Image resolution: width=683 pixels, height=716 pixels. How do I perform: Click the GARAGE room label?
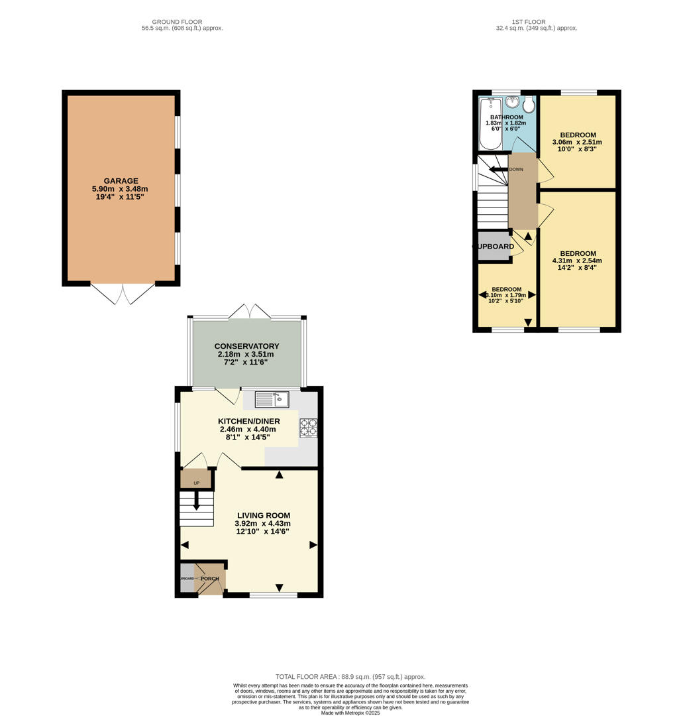point(121,181)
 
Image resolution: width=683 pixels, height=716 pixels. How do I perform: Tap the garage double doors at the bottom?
point(123,294)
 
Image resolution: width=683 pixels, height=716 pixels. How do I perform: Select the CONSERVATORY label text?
point(246,346)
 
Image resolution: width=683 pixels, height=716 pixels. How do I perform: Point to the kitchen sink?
point(272,399)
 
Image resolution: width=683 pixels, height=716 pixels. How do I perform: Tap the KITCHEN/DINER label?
point(248,421)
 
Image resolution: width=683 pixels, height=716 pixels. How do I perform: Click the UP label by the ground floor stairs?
point(196,483)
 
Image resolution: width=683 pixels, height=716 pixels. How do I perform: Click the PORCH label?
point(210,579)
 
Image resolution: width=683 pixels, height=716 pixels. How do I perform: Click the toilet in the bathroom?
point(529,105)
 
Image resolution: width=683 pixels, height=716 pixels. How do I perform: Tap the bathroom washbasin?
point(512,101)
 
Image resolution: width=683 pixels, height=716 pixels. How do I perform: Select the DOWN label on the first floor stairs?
point(516,170)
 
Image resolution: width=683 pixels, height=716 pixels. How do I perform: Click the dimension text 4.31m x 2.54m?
point(578,261)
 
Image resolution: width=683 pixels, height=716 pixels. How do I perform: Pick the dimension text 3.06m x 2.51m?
point(578,142)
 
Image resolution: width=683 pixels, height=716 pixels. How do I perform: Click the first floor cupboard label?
point(494,247)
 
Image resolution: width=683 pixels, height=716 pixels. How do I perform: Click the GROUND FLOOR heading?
point(177,22)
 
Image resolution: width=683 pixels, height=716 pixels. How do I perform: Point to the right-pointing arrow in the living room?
point(313,545)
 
